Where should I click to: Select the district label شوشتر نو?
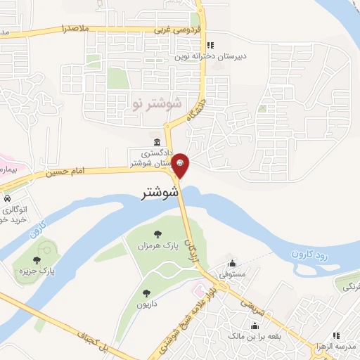click(x=156, y=103)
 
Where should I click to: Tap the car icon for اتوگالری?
click(x=6, y=198)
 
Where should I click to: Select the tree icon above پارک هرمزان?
click(x=157, y=233)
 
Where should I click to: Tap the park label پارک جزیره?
click(x=38, y=269)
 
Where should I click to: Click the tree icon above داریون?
click(x=146, y=293)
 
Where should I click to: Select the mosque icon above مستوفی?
click(x=231, y=264)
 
